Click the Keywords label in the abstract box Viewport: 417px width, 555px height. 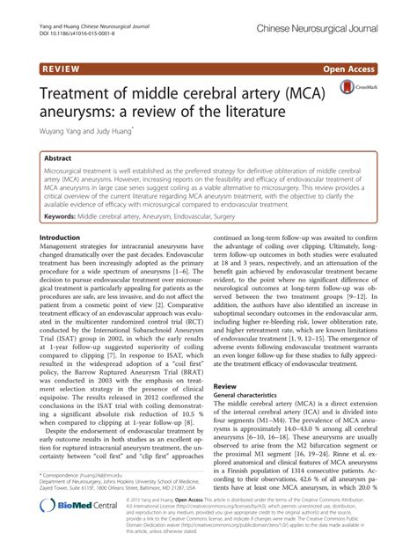[69, 214]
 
